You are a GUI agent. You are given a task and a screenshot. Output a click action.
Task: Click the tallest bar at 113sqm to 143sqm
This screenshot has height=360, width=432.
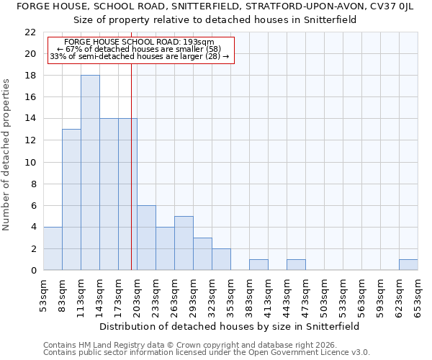pyautogui.click(x=90, y=173)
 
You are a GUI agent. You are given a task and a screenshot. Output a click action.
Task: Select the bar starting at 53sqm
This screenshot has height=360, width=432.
pyautogui.click(x=53, y=248)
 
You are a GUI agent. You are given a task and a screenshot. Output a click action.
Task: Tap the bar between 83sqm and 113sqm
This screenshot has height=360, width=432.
pyautogui.click(x=71, y=199)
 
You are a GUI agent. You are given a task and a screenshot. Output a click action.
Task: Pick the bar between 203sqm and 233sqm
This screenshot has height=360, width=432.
pyautogui.click(x=146, y=238)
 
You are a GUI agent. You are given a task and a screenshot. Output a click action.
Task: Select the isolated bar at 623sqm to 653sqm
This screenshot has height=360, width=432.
pyautogui.click(x=408, y=264)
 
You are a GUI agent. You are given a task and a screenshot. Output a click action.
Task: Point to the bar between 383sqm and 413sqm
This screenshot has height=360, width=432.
pyautogui.click(x=258, y=264)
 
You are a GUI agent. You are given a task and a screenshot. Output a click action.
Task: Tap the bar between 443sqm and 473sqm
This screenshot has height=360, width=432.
pyautogui.click(x=296, y=264)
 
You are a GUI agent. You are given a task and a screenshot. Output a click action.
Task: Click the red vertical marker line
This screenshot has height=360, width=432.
pyautogui.click(x=131, y=180)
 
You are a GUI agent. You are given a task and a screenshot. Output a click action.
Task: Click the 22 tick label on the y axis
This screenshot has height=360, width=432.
pyautogui.click(x=30, y=32)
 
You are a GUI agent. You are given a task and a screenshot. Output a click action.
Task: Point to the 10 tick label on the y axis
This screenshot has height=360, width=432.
pyautogui.click(x=30, y=162)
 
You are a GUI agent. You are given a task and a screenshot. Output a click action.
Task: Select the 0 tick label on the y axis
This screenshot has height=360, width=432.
pyautogui.click(x=33, y=271)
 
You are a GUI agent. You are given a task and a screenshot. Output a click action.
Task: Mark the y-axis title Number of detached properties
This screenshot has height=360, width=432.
pyautogui.click(x=7, y=155)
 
